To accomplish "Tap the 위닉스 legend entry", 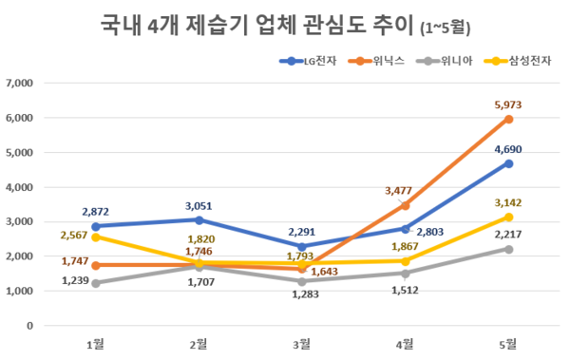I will (378, 62).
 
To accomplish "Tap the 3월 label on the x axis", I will (301, 342).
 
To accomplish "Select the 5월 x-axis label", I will (508, 342).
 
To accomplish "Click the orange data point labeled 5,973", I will (509, 119).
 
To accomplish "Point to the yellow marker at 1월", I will (94, 237).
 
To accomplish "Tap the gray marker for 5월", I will (509, 249).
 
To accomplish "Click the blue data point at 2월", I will (198, 219).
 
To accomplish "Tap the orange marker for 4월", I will (406, 205).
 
